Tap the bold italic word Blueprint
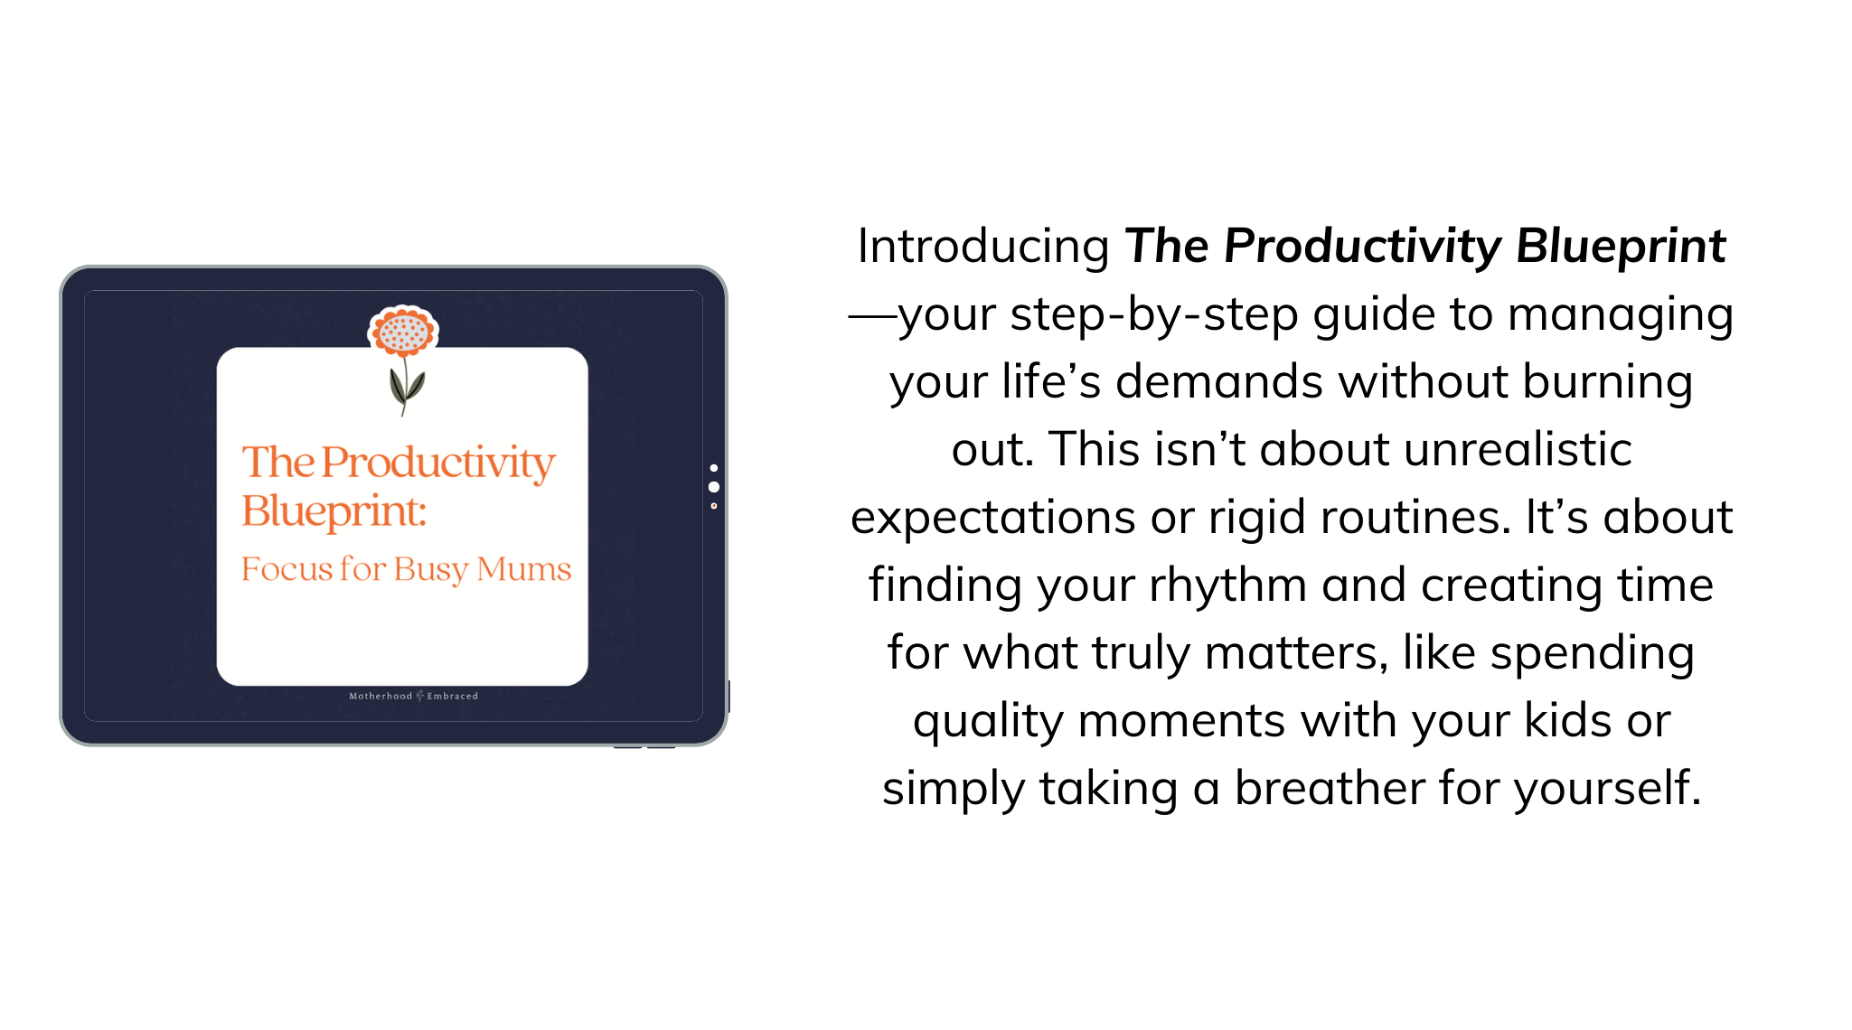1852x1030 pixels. click(1621, 246)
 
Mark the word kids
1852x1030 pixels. click(1562, 721)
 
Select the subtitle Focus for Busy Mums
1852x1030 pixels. click(406, 570)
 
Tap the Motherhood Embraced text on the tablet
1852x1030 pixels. click(414, 696)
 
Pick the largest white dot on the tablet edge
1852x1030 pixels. click(714, 487)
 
